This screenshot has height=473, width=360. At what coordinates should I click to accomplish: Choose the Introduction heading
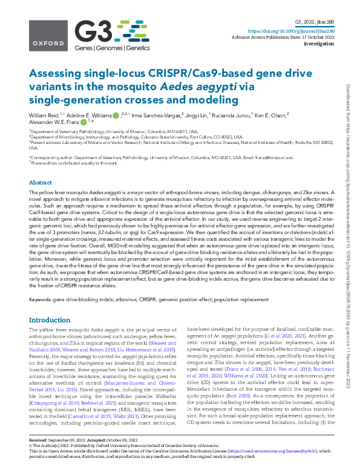point(50,319)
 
